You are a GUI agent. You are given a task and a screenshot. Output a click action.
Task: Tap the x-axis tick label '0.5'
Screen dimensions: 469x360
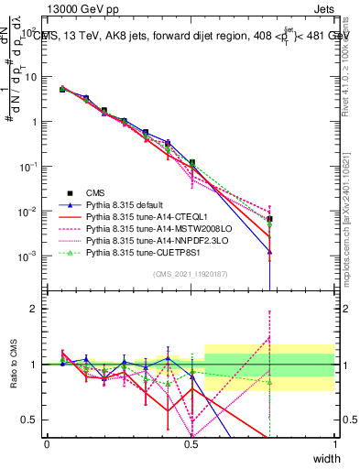(191, 444)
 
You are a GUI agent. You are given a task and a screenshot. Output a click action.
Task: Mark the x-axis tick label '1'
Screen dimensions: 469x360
(334, 444)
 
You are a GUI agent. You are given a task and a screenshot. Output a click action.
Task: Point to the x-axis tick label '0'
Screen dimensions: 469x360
(47, 444)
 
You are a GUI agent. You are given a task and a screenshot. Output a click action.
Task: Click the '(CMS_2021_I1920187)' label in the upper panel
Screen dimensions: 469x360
(190, 273)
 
